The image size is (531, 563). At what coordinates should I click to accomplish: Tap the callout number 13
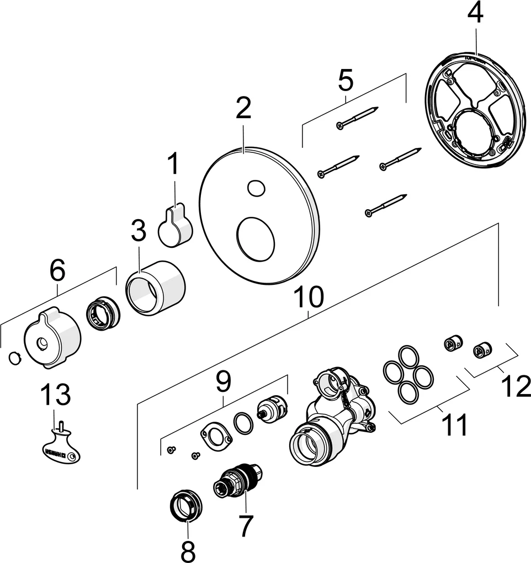pos(55,395)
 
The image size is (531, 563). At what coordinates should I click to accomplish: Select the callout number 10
pos(307,298)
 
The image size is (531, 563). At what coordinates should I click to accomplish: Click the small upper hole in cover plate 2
pos(256,188)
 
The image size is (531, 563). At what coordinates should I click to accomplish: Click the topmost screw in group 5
pos(357,118)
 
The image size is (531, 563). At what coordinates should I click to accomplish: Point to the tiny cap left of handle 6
pos(14,358)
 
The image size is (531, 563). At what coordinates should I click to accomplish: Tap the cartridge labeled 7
pos(237,480)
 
